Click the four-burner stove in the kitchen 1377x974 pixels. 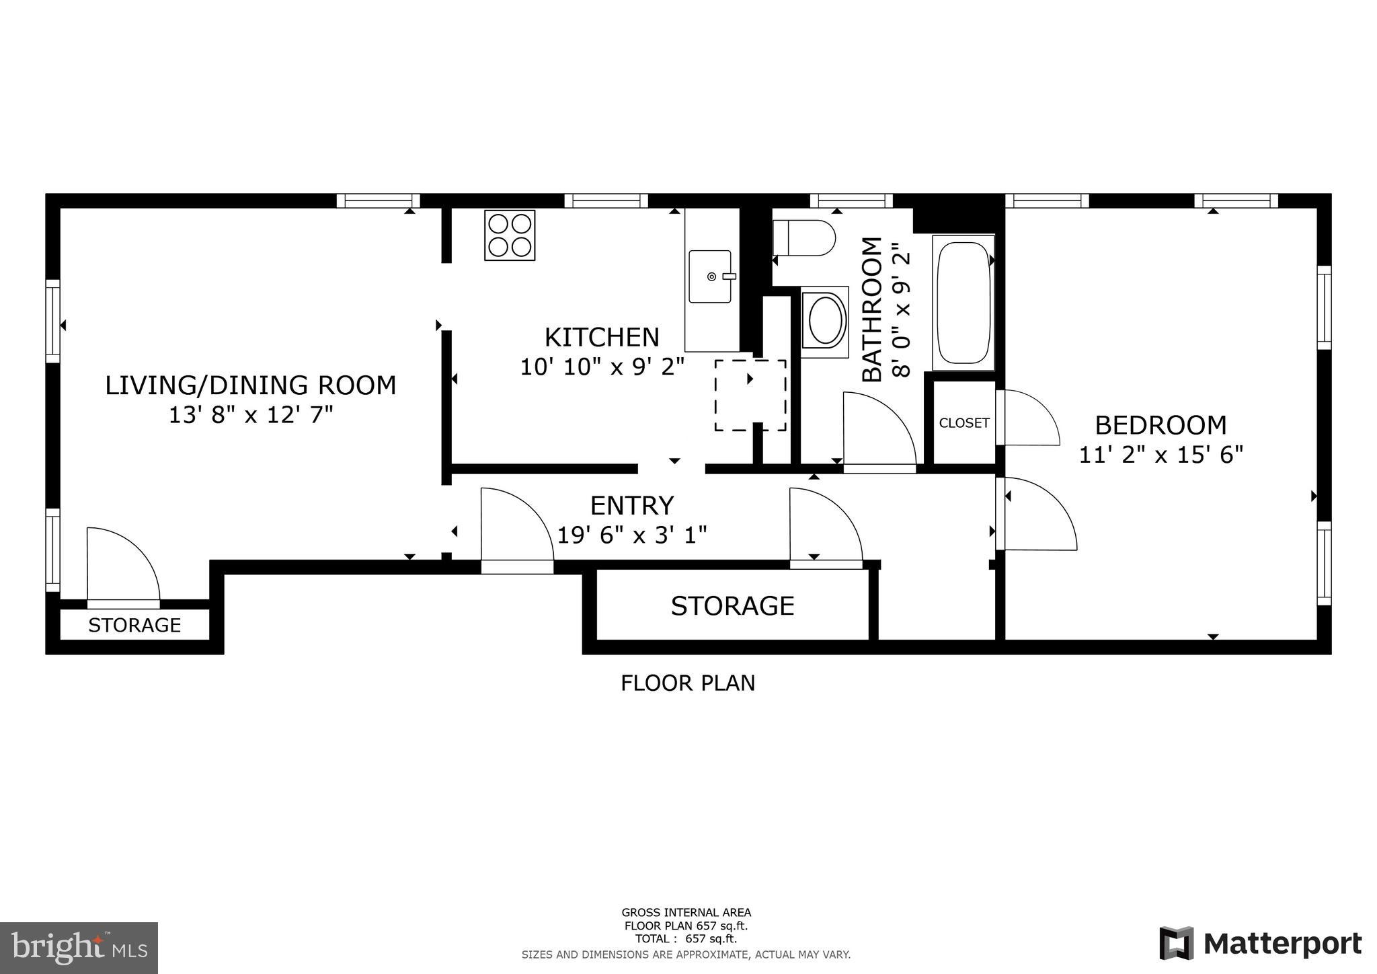(510, 235)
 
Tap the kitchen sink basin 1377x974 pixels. (710, 276)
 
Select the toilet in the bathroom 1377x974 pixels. (804, 238)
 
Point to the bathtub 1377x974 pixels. (963, 302)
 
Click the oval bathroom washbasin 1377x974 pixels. (826, 322)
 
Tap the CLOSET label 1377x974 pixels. (964, 423)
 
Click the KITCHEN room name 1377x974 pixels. (602, 337)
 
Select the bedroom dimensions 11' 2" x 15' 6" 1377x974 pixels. (1160, 455)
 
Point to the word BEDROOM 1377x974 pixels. (1160, 425)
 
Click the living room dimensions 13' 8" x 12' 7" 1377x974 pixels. (251, 415)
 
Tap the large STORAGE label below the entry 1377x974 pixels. (732, 606)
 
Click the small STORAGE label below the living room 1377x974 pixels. (134, 626)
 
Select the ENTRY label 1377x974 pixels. (631, 505)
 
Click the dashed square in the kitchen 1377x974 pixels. (750, 396)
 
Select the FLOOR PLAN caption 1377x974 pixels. (688, 683)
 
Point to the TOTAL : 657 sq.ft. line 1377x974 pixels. (686, 938)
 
